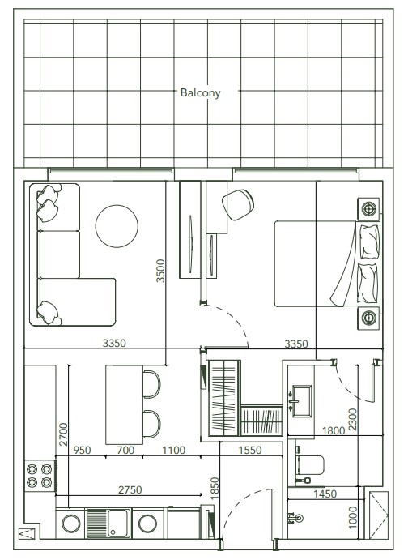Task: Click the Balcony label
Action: tap(201, 93)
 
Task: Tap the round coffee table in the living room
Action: tap(117, 226)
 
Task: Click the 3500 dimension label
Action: tap(160, 271)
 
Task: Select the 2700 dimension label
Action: tap(63, 434)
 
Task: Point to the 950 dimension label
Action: tap(82, 450)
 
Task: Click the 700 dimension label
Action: tap(125, 450)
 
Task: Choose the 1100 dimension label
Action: tap(174, 450)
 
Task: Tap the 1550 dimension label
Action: tap(250, 450)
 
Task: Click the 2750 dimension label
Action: tap(130, 489)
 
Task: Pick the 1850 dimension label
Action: tap(215, 488)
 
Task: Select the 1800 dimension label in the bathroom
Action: tap(334, 430)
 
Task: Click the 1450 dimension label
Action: tap(325, 494)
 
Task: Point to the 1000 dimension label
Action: tap(352, 517)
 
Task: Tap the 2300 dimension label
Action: tap(352, 420)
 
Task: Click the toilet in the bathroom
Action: tap(309, 465)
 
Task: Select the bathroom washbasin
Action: tap(302, 400)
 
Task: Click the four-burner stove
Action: tap(40, 476)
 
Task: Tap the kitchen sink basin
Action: tap(118, 524)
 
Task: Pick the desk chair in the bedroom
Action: tap(238, 205)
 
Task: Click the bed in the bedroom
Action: tap(327, 264)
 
